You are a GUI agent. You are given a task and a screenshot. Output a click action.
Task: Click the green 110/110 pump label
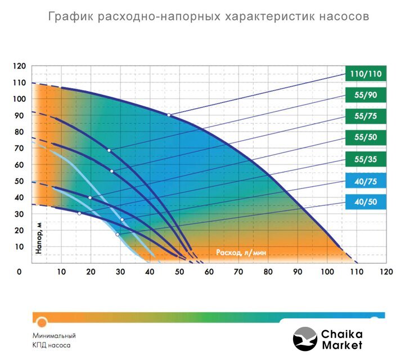366,73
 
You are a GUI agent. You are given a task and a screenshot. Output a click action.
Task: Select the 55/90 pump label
366,94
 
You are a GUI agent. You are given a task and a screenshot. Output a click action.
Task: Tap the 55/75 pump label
366,116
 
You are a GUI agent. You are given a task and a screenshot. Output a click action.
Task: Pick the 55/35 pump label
366,159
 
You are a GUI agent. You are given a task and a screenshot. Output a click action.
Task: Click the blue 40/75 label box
366,181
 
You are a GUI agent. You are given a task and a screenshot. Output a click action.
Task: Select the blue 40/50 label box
366,202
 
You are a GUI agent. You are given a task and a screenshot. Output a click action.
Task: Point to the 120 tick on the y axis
19,66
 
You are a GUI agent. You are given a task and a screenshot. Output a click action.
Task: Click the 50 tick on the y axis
19,181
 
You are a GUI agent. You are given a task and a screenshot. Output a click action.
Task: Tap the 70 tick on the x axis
238,272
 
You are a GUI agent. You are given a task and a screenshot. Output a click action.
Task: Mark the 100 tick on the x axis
327,272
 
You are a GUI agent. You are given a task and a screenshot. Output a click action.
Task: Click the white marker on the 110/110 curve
168,115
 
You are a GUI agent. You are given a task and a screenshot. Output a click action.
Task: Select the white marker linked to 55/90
109,150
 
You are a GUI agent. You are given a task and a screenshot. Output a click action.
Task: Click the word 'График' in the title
70,16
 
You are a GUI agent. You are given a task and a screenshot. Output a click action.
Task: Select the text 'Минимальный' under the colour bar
54,336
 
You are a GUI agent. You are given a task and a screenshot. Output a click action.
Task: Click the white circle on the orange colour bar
42,322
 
